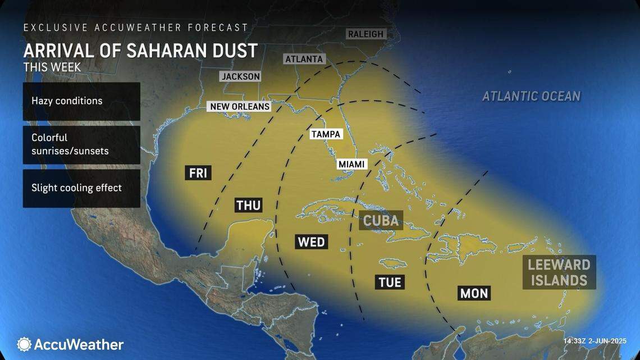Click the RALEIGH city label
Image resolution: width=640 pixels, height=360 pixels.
[x=365, y=34]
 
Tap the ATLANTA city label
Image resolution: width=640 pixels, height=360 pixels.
[x=304, y=59]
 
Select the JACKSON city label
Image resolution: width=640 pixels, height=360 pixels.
[x=240, y=76]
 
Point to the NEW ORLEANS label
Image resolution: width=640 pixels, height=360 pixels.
[x=240, y=106]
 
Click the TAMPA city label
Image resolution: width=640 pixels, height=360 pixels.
[x=326, y=134]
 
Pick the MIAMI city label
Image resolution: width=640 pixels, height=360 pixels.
[x=351, y=164]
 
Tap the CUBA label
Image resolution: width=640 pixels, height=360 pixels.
[x=381, y=220]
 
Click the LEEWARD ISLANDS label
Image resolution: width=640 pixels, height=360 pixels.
[x=559, y=272]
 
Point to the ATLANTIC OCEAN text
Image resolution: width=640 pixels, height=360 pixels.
[x=531, y=96]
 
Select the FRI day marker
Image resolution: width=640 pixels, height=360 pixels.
[x=198, y=173]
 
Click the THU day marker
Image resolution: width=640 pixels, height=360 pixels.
[x=248, y=206]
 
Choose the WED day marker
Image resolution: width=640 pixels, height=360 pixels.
[x=311, y=242]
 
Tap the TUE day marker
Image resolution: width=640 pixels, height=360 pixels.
[x=390, y=281]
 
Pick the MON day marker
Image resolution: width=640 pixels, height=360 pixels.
[x=474, y=293]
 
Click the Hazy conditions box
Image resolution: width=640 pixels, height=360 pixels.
[x=81, y=101]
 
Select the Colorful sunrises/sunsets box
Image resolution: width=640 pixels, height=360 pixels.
[x=81, y=144]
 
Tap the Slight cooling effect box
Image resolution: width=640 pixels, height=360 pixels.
[x=81, y=188]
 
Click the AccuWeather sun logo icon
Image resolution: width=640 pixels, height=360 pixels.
[x=24, y=344]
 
